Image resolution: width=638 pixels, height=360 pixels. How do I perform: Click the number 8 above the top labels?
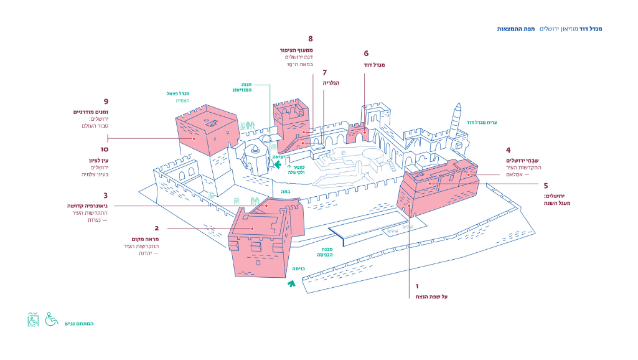[310, 39]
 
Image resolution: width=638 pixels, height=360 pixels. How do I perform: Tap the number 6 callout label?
[366, 54]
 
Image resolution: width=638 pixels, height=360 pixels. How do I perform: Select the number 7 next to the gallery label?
[324, 72]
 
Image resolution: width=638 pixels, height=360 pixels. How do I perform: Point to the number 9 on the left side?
[106, 102]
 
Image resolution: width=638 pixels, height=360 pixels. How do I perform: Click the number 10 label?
[105, 149]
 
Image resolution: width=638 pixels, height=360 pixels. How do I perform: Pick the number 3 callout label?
[106, 195]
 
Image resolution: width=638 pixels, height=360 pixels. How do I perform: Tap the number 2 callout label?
[156, 228]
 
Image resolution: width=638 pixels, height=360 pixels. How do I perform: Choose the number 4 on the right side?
[509, 150]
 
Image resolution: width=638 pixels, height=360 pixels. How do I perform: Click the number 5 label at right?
[545, 186]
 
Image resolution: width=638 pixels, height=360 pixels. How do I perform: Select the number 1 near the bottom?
[417, 287]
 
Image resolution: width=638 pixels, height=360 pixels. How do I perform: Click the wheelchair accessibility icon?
[51, 320]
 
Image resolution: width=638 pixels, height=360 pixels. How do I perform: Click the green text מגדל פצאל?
[178, 93]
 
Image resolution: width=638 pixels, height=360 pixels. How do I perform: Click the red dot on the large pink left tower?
[194, 138]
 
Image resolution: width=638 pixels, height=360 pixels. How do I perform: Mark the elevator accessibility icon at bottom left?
[33, 320]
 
